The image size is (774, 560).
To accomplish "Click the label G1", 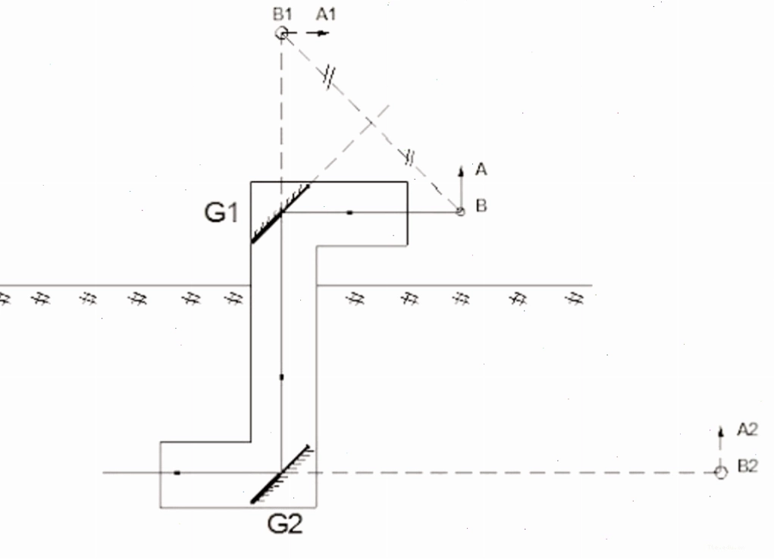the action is point(221,213).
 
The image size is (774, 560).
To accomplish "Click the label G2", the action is point(285,524).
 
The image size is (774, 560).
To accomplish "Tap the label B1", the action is point(282,14).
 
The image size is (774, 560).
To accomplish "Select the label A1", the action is point(326,14).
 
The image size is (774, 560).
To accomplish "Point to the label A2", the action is point(747,430).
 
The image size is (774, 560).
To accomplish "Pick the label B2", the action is point(747,466).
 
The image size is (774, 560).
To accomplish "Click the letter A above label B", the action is point(481,170).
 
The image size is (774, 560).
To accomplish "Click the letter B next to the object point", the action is point(481,206).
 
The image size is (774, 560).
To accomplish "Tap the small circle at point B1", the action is point(281,33).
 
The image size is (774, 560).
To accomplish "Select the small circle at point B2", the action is point(721,473).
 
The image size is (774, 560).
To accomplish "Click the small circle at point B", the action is point(460,211).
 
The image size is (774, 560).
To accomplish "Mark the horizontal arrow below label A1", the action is point(318,33).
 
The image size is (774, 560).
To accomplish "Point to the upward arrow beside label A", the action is point(461,187).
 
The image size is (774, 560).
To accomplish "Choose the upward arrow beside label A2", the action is point(721,446).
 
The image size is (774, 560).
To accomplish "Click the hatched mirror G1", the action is point(280,214).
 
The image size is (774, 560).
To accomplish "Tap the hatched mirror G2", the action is point(281,474).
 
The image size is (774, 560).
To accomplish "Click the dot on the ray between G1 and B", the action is point(350,213).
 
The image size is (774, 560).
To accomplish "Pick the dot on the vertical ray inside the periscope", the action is point(281,377).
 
